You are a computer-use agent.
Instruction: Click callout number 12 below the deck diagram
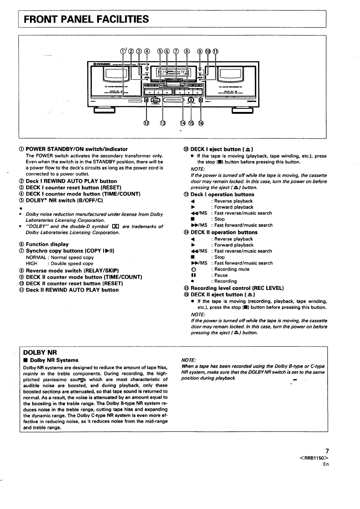(146, 123)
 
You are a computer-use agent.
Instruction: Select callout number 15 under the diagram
(191, 123)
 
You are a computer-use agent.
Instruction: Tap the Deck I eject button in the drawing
(146, 100)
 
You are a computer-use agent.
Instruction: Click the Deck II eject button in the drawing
(200, 100)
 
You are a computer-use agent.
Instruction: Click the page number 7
(326, 451)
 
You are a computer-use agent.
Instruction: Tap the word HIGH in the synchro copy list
(31, 264)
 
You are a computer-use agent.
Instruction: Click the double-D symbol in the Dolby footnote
(115, 227)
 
